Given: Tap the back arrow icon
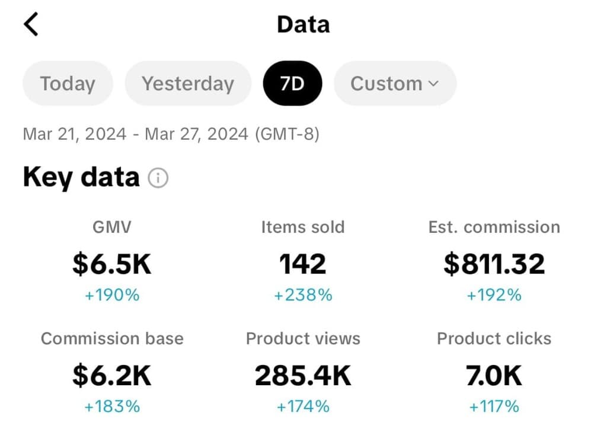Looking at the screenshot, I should (31, 24).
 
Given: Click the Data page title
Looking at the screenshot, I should (303, 24).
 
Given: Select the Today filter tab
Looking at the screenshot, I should (68, 84).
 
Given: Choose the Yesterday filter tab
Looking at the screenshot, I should (188, 84).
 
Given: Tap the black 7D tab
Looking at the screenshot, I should (292, 84).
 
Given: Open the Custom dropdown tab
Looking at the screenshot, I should (395, 84).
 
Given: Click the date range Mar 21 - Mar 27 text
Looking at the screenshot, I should (171, 134).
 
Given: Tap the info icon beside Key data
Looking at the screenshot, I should (158, 178).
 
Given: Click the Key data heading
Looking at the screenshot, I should (81, 177).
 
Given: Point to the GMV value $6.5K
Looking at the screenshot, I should (112, 264).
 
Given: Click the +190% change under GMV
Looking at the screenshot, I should (112, 295).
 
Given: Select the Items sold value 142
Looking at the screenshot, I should (303, 264).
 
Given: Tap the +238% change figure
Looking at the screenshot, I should (303, 295).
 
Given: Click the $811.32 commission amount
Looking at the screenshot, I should (494, 264).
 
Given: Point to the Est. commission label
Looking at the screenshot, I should (494, 227).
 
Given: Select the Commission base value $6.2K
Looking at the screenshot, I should (112, 376).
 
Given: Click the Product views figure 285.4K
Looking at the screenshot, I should (303, 376).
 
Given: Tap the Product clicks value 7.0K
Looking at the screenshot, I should (494, 376).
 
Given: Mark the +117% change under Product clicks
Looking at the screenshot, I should (494, 406).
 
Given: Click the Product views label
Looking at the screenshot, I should (303, 338).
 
